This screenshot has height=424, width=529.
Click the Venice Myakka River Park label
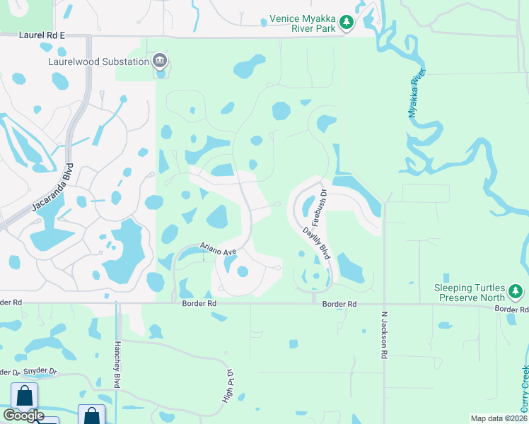[303, 23]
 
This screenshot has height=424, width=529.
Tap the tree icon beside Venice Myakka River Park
[347, 23]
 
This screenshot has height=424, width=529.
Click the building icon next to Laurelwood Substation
[160, 61]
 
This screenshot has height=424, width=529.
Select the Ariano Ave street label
[216, 248]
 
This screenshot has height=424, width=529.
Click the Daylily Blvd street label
[317, 242]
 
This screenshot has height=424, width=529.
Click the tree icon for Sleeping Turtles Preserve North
[516, 291]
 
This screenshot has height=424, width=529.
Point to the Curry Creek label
[524, 389]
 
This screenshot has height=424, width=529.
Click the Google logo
[23, 416]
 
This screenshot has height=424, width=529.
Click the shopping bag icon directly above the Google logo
[25, 395]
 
